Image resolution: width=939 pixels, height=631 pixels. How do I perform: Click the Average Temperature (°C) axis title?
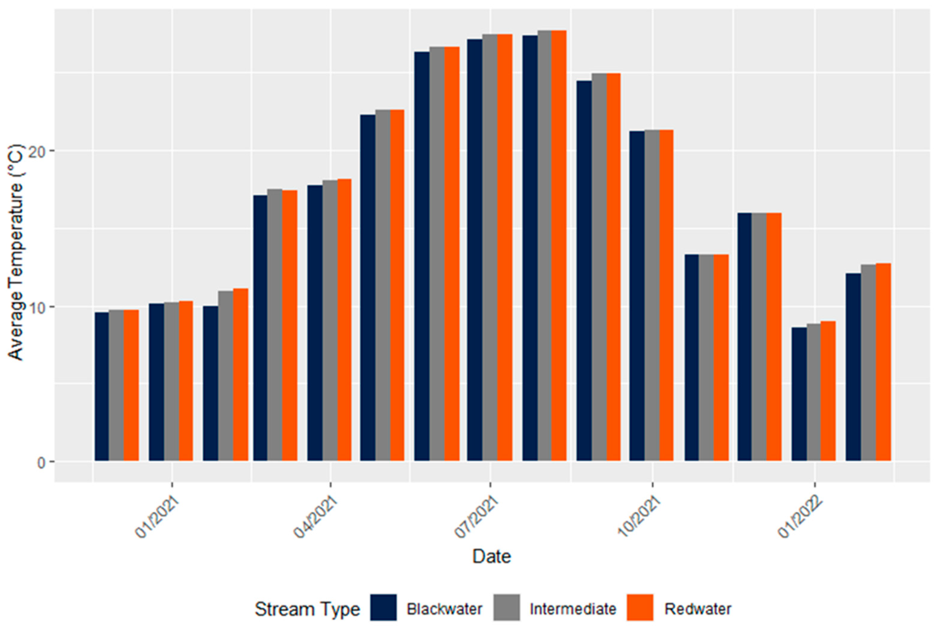pos(16,252)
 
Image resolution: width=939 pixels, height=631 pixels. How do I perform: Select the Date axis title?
pos(492,557)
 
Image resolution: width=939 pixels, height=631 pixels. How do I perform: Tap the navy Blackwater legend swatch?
pos(383,608)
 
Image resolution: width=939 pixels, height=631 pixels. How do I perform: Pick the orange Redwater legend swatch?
pos(640,608)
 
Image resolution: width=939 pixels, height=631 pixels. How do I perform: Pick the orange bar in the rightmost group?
pos(883,362)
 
